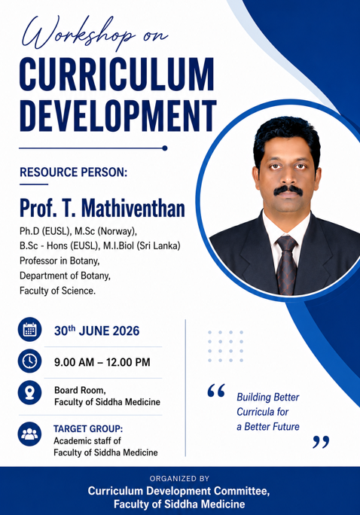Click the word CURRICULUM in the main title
point(117,75)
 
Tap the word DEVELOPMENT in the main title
point(118,116)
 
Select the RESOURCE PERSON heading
point(73,172)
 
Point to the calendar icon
point(29,330)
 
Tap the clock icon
point(29,361)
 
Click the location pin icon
point(29,392)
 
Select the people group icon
point(29,434)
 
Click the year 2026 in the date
point(126,331)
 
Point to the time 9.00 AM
point(75,362)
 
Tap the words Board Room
point(80,390)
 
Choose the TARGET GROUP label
point(88,428)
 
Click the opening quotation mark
point(216,391)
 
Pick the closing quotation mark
point(321,442)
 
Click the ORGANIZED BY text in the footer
point(179,479)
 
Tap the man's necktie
point(286,264)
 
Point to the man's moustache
point(288,190)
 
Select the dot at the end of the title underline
point(165,148)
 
